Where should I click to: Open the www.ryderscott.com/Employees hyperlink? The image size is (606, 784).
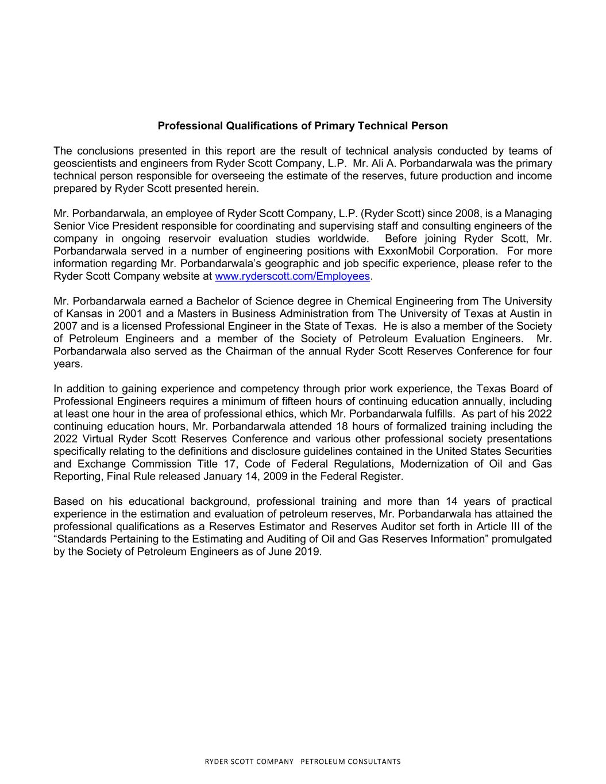click(x=292, y=276)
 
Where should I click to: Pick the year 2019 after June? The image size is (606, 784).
click(x=308, y=552)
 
